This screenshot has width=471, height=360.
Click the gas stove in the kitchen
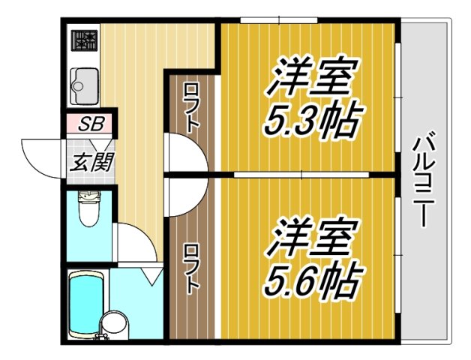[84, 40]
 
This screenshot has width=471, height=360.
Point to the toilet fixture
[88, 212]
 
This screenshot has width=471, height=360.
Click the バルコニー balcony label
[424, 179]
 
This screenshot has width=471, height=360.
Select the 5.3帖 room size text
[310, 118]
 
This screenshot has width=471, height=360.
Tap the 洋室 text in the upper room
[309, 77]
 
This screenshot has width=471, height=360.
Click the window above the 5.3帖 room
[279, 19]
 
